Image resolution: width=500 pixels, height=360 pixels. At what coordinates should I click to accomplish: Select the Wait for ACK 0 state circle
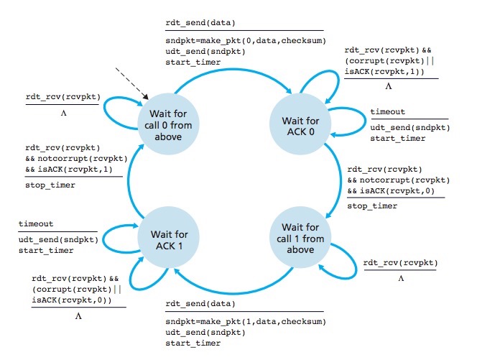[x=300, y=121]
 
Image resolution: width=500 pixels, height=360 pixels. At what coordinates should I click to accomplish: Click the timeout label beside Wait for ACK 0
[x=387, y=112]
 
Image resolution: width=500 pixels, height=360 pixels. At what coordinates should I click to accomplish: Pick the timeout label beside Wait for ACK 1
[x=36, y=224]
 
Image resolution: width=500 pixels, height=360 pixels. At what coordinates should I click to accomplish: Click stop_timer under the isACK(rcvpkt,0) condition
[x=371, y=206]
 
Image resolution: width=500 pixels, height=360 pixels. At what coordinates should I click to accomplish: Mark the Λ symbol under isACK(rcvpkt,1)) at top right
[x=389, y=86]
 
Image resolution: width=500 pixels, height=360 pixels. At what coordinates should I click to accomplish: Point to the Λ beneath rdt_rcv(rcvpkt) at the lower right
[x=401, y=277]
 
